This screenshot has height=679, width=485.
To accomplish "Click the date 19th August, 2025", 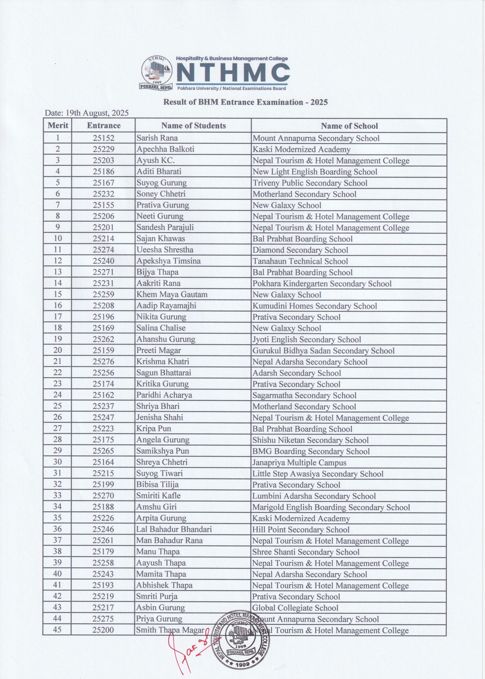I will point(87,113).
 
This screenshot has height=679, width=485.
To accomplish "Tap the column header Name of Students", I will point(193,126).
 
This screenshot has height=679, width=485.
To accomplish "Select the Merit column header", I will point(58,126).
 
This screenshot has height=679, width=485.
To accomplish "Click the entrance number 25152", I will point(103,138).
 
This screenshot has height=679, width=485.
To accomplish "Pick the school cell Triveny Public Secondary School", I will point(310,183).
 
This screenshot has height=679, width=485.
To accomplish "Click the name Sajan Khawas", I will point(161,239).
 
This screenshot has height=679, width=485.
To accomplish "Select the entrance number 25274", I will point(103,250).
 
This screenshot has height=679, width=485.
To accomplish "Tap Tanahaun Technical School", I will point(300,261).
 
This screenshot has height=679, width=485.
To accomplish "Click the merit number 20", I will point(58,350).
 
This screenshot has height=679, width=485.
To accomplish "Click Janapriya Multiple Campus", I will point(299,463).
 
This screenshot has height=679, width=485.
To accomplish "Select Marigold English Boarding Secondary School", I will point(331,507).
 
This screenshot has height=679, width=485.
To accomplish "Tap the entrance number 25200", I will point(103,630).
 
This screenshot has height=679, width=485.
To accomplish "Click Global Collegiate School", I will point(295,608).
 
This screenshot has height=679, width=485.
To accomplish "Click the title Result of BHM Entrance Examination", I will point(245,102).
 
